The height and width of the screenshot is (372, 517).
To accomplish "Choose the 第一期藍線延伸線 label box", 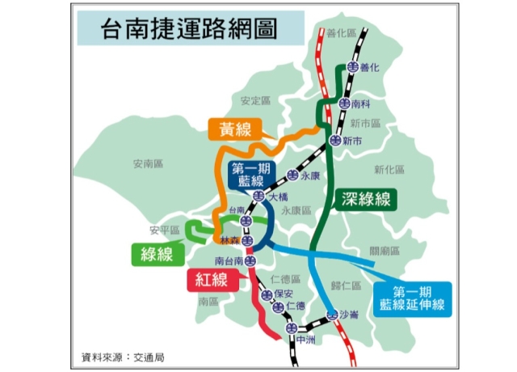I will click(x=414, y=298).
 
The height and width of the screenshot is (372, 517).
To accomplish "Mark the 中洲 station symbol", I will click(x=292, y=328).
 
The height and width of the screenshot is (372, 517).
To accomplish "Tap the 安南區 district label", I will click(x=148, y=163).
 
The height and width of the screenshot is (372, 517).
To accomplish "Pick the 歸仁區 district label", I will click(x=346, y=285).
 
